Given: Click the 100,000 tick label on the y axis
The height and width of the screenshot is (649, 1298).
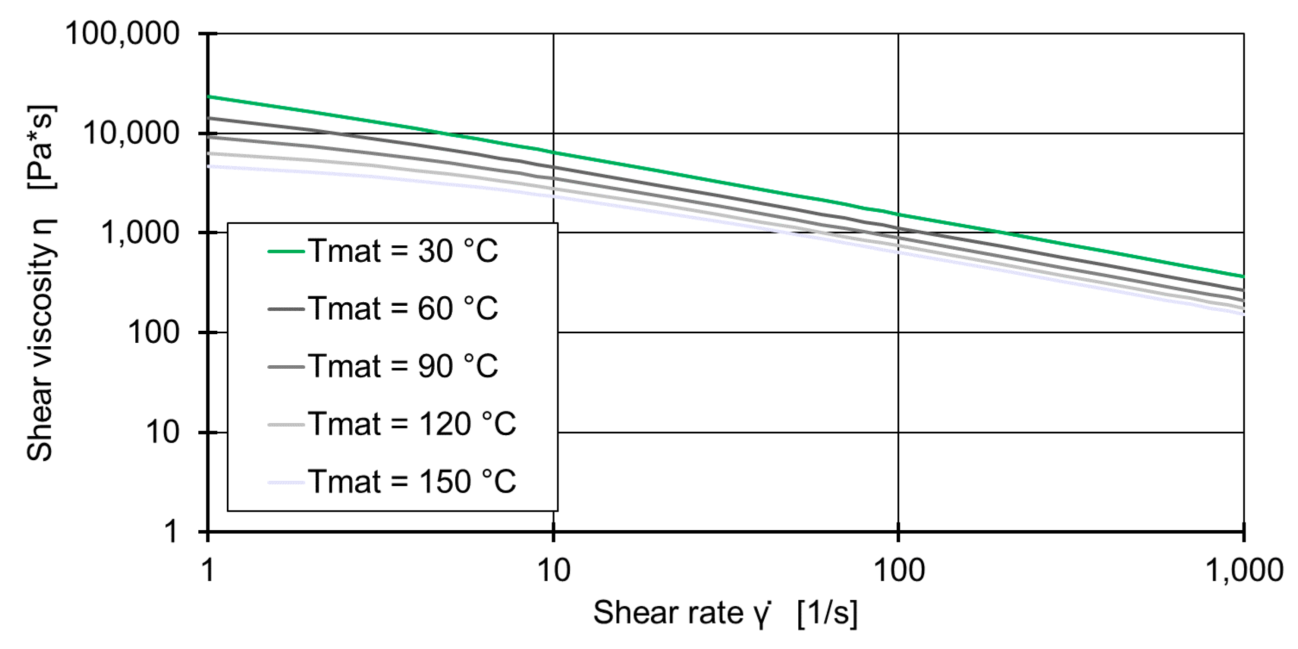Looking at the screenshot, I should tap(122, 34).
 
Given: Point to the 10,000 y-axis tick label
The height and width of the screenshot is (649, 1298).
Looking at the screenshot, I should tap(131, 133).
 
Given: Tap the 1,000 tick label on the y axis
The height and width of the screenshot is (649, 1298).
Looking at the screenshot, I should tap(140, 233).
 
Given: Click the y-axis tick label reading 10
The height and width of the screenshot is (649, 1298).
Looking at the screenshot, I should tap(162, 432).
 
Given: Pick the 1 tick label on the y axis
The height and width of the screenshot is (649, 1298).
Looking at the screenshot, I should tap(171, 531).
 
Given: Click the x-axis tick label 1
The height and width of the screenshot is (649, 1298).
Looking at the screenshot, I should tap(208, 571).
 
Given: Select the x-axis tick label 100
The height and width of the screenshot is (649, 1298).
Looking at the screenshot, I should tap(898, 571).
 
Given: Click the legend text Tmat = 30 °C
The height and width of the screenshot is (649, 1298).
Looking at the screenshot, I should tap(403, 251).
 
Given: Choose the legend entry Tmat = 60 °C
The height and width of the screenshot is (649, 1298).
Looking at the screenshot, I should tap(403, 308).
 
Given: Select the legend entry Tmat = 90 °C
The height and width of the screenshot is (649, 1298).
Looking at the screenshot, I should tap(403, 366).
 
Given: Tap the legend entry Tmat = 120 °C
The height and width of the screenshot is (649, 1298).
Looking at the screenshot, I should tap(412, 424).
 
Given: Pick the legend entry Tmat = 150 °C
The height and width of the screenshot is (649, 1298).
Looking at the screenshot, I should tap(412, 482).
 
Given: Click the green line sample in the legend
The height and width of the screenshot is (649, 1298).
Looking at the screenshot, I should tap(286, 251).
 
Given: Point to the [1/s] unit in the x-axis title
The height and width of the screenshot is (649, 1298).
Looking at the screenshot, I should tap(827, 613).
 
